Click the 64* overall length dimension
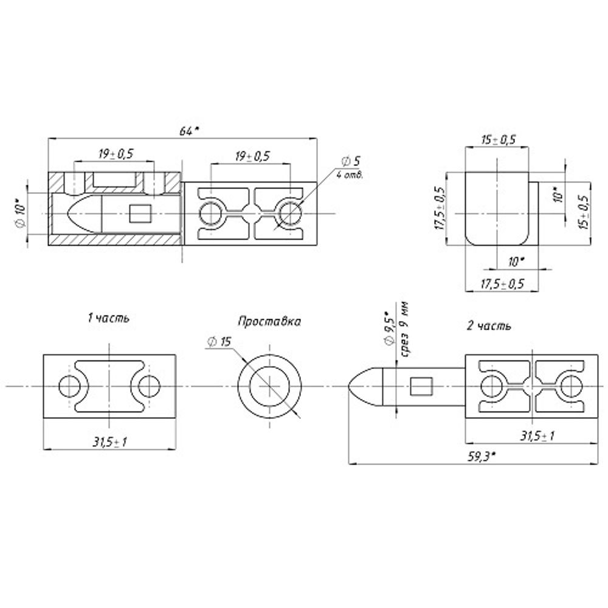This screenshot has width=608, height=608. (x=189, y=131)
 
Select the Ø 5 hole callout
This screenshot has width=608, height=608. (x=351, y=161)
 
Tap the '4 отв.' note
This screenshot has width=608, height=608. (x=350, y=175)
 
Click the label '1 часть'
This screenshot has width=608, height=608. (x=108, y=319)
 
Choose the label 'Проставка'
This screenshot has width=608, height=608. (x=269, y=322)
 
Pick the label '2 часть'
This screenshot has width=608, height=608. (x=489, y=326)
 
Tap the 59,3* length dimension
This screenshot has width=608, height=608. (x=481, y=457)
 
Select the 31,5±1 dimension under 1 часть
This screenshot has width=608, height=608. (x=109, y=441)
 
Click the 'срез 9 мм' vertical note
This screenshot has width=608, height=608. (x=406, y=329)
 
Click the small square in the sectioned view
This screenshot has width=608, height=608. (x=140, y=213)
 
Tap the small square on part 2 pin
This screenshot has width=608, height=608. (x=421, y=387)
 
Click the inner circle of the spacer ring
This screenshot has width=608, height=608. (x=269, y=386)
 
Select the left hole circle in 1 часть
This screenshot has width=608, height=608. (x=70, y=386)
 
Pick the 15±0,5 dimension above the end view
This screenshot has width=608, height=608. (x=499, y=140)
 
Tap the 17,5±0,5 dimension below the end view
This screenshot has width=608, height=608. (x=502, y=284)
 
